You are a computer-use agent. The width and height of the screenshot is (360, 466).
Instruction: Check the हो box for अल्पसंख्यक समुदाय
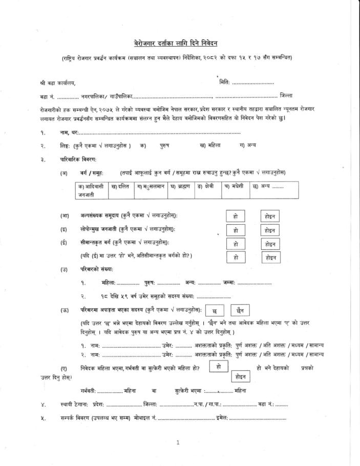coord(236,217)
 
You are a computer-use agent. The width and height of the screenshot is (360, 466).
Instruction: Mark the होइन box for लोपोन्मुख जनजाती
coord(270,230)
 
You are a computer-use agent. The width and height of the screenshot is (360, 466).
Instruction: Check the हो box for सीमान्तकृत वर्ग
coord(236,244)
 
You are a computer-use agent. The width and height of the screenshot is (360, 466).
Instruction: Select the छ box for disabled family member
coord(214,311)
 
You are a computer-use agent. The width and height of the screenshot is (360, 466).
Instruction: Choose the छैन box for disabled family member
coord(240,311)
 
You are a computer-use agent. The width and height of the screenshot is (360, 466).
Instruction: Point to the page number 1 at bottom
coord(177,442)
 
